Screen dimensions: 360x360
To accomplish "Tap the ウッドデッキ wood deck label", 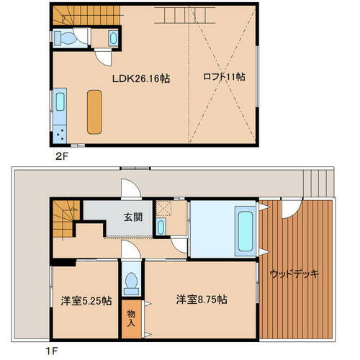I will pyautogui.click(x=294, y=274).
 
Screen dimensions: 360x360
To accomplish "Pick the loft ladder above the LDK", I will pyautogui.click(x=176, y=14).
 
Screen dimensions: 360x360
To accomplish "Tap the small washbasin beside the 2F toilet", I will pyautogui.click(x=113, y=38).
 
